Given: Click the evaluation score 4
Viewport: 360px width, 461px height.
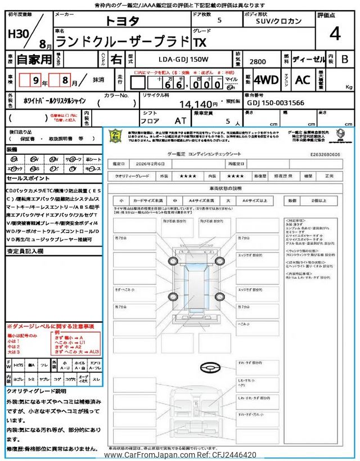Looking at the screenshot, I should [335, 34].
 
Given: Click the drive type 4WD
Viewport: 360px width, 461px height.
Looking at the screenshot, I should [266, 80].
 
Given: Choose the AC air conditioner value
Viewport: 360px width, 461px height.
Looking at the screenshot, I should [303, 80].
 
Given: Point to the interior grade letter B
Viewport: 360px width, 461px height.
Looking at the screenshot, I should [345, 59].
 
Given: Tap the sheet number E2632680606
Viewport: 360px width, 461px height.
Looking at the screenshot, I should [330, 153].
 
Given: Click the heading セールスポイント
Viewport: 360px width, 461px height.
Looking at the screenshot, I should [28, 178].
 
